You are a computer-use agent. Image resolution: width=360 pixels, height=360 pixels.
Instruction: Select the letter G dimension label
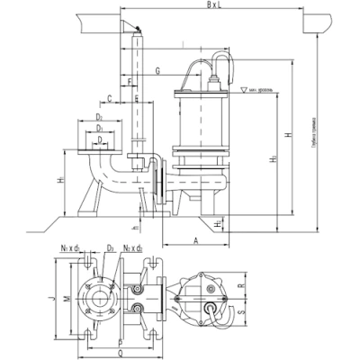[157, 69]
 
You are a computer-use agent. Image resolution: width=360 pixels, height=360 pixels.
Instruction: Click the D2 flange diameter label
[97, 118]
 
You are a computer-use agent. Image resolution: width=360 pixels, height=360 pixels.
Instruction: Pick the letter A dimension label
[195, 241]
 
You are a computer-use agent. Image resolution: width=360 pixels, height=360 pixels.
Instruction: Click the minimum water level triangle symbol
[244, 91]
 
